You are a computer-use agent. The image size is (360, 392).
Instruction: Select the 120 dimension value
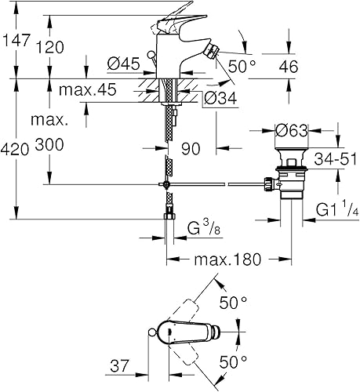tap(67, 47)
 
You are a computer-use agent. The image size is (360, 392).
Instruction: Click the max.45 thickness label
tap(85, 91)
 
